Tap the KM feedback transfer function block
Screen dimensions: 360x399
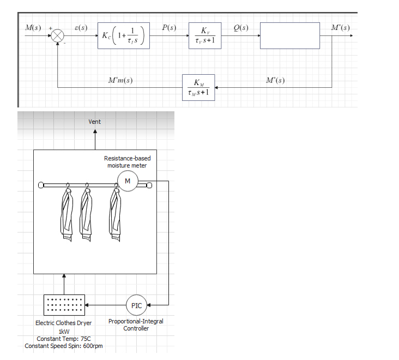tap(198, 87)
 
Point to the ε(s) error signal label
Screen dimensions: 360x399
tap(81, 27)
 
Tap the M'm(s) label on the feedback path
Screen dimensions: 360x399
tap(121, 81)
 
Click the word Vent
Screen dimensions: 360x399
tap(94, 122)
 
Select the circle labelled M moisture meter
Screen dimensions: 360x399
tap(128, 181)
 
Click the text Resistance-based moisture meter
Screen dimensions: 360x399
tap(127, 162)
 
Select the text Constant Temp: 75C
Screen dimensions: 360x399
tap(63, 339)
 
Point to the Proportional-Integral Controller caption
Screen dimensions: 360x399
tap(136, 325)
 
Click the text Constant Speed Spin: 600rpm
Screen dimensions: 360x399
tap(64, 346)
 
